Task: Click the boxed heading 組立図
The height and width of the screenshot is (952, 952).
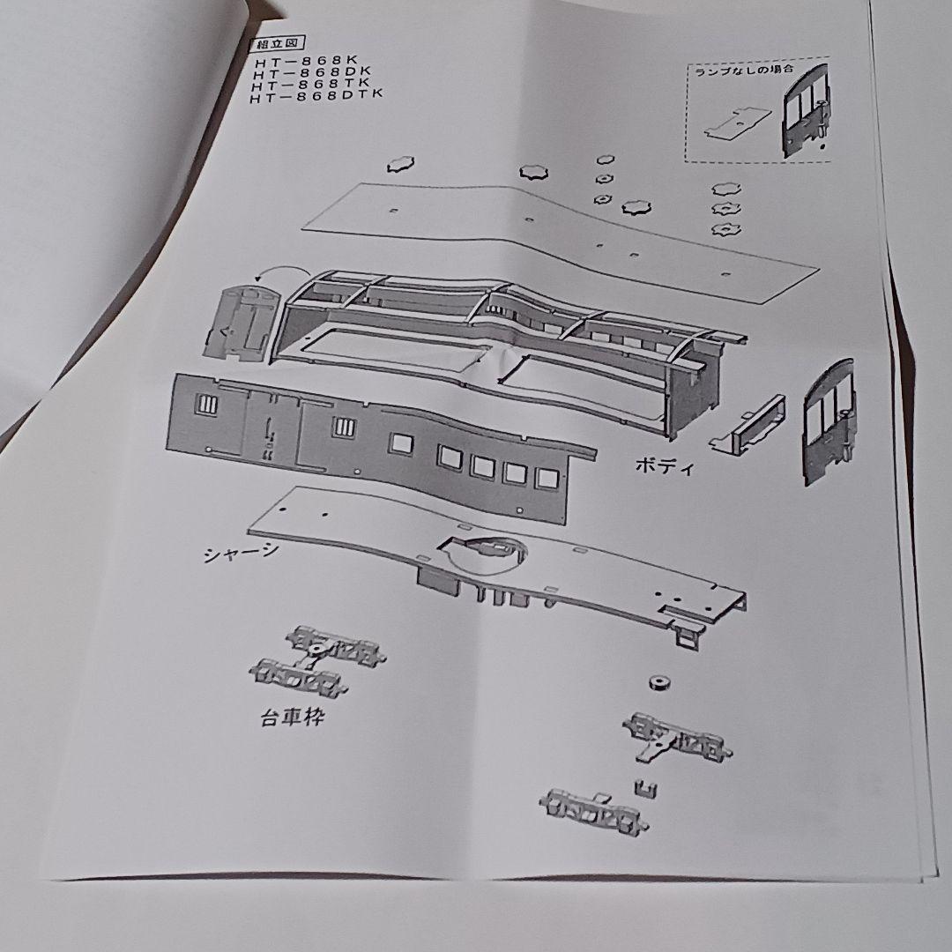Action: [x=269, y=45]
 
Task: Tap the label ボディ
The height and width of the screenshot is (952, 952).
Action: [x=665, y=466]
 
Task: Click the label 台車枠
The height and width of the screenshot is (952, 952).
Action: [x=292, y=718]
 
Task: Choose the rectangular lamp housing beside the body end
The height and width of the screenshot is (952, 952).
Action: [x=748, y=425]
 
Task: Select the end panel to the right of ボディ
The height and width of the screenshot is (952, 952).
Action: [x=828, y=420]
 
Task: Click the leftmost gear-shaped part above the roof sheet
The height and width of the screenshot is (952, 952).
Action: [x=399, y=164]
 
